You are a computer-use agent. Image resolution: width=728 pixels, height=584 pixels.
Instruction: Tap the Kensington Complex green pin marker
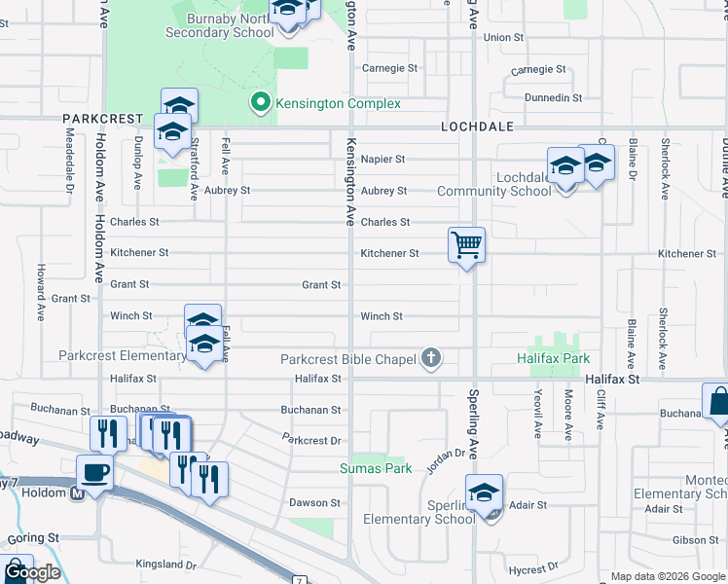click(260, 102)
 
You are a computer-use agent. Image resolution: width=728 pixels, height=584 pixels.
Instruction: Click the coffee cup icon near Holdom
click(95, 471)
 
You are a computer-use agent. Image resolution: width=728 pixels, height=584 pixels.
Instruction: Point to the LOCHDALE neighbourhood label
click(475, 128)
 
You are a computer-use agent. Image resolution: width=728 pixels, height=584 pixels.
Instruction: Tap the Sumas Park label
click(376, 468)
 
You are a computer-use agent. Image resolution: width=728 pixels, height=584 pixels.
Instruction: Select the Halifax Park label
click(547, 359)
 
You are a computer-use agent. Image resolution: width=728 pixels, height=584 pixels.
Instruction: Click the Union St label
click(503, 38)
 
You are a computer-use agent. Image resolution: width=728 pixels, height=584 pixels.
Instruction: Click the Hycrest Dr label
click(533, 566)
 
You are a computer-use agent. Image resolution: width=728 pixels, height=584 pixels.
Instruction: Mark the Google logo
click(32, 573)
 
